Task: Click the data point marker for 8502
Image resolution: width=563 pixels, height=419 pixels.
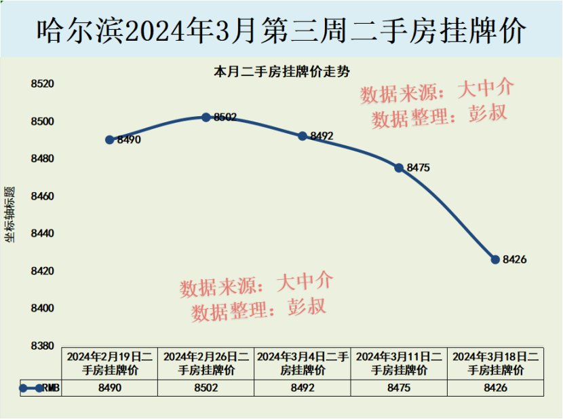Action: point(206,117)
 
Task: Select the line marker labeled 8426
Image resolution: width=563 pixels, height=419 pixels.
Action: point(495,259)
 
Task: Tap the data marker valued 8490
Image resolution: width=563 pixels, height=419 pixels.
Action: point(110,139)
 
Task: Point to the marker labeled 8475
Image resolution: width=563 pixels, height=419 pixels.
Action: point(399,167)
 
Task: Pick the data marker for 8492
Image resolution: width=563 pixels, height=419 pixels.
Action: point(303,136)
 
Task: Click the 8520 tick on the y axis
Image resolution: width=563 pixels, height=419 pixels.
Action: point(42,84)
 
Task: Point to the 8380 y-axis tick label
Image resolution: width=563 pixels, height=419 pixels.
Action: point(42,346)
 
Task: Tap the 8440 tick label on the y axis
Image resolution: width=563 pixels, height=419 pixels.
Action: point(42,234)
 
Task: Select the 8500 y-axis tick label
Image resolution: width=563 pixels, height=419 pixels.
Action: point(42,122)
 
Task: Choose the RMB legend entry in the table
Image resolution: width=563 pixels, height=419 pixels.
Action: point(41,388)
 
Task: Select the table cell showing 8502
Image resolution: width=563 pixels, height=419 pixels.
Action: point(206,388)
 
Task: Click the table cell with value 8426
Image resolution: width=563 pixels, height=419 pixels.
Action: point(495,388)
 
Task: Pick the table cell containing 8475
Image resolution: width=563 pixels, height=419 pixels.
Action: point(399,388)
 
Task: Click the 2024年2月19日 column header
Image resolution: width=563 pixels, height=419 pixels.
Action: point(110,363)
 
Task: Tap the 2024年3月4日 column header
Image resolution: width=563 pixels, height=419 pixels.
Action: point(303,363)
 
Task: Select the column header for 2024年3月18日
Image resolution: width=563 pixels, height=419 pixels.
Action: point(495,363)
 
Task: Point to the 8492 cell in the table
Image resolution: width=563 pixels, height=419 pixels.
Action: point(303,388)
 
